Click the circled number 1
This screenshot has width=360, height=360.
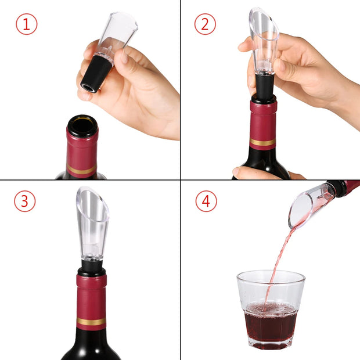point(26,24)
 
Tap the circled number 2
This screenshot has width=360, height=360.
point(205,24)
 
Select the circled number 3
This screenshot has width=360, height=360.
point(25,201)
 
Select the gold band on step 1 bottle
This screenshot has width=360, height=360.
point(81,170)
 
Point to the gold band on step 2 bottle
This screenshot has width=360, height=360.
point(263,142)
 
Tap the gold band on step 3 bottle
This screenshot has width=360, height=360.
point(91,321)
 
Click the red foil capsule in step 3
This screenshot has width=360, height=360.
point(91,296)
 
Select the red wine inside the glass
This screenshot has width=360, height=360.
point(270,322)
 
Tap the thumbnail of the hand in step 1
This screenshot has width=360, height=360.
point(123,57)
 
